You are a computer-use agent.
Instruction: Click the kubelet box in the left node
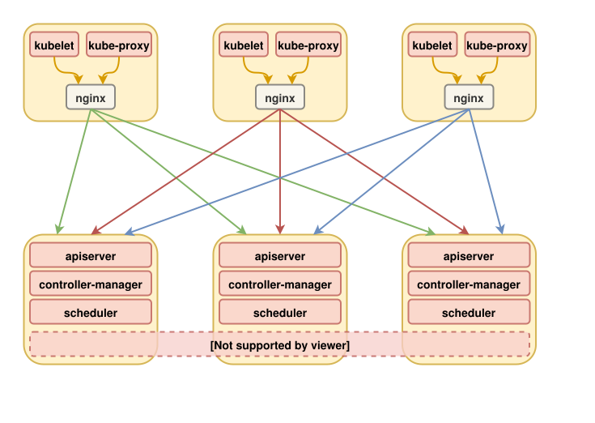pos(54,45)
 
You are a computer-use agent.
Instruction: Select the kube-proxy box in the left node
pos(119,45)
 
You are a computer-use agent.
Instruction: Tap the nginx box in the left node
pos(91,98)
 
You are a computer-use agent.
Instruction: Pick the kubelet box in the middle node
pos(244,45)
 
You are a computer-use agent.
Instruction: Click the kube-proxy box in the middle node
pos(308,45)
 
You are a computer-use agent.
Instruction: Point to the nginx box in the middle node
pos(280,98)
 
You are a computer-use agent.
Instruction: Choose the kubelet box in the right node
pos(432,45)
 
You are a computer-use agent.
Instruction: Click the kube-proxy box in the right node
pos(497,45)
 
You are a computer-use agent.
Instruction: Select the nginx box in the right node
pos(469,98)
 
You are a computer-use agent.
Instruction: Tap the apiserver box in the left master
pos(91,256)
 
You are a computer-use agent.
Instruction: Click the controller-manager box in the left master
pos(91,284)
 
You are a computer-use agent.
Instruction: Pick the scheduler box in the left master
pos(91,313)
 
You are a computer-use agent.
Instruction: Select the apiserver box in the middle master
pos(280,256)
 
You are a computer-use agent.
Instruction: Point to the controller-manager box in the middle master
pos(280,284)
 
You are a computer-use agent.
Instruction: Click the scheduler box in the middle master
pos(280,313)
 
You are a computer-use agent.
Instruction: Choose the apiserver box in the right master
pos(469,256)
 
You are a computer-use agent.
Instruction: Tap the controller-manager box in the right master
pos(469,284)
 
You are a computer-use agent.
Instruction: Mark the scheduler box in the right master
pos(469,313)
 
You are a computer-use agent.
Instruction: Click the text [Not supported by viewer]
pos(280,346)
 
